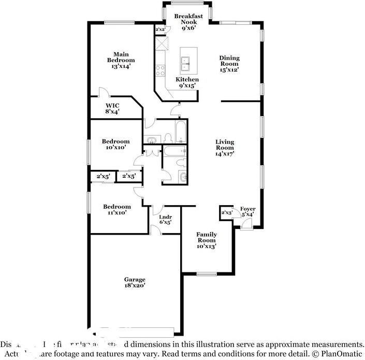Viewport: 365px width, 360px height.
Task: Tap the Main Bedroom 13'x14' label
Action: (x=121, y=60)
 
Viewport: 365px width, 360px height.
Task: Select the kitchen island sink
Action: (x=186, y=64)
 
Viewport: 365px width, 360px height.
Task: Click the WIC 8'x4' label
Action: (x=112, y=108)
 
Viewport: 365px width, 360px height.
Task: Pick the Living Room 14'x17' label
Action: (x=225, y=147)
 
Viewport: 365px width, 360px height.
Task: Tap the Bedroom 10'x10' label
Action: (x=115, y=145)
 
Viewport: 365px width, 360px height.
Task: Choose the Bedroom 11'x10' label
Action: (x=116, y=209)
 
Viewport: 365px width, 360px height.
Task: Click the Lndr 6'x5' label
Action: (x=165, y=219)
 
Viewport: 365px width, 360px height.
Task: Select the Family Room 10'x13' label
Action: (x=206, y=240)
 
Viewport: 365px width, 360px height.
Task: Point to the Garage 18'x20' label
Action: (x=134, y=282)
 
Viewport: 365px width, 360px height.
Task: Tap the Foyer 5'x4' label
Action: (x=247, y=211)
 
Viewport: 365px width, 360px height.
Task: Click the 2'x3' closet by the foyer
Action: (x=226, y=213)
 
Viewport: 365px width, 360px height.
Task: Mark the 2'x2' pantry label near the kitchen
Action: (x=160, y=30)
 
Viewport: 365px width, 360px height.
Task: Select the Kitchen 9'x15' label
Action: (x=187, y=82)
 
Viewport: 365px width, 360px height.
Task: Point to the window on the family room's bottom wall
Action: (x=206, y=274)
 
